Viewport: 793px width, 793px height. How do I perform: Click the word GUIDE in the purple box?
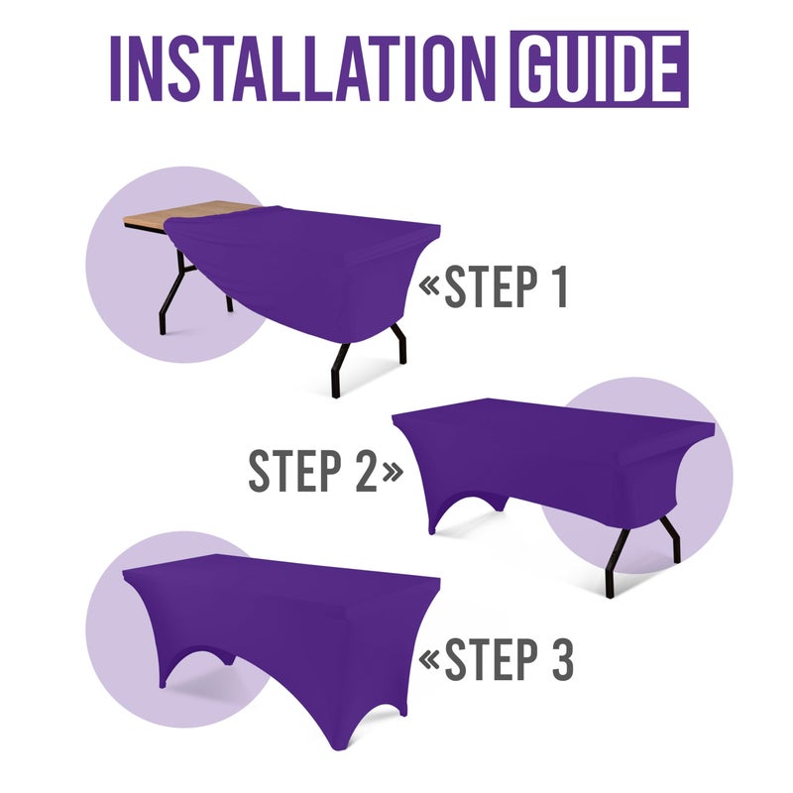(599, 70)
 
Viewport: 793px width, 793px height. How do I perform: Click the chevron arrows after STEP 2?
(393, 473)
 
